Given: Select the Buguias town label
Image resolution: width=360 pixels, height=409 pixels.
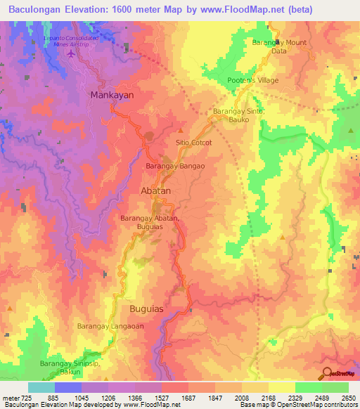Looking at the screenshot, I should [150, 309].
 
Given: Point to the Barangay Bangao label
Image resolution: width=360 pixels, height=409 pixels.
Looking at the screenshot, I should [175, 166].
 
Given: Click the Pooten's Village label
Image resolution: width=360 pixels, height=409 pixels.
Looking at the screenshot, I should [252, 80].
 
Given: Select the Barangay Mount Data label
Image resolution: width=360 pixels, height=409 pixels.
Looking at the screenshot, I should [279, 46].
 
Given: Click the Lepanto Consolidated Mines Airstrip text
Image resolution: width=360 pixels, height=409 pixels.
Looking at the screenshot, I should [70, 39].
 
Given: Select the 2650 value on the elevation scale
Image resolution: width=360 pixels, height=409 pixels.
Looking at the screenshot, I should [349, 398].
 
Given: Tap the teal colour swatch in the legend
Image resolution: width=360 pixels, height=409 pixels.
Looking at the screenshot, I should [41, 387].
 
